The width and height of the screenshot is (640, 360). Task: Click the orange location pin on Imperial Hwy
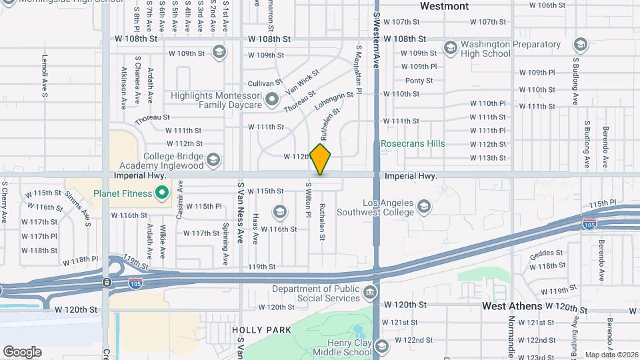coord(320,159)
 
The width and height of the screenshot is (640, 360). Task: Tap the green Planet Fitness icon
coord(161,194)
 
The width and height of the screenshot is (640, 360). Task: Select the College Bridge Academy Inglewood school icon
coord(213,159)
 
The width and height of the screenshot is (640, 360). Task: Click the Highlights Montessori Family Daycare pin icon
coord(272,100)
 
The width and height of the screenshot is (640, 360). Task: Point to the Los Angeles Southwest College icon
coord(423,208)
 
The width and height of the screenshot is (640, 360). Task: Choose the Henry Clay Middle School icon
coord(381,347)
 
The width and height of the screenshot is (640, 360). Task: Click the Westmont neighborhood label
coord(445,6)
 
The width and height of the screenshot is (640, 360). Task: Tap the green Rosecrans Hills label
coord(413,143)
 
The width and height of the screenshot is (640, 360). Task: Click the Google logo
coord(22,351)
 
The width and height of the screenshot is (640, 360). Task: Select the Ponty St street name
coord(419,81)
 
